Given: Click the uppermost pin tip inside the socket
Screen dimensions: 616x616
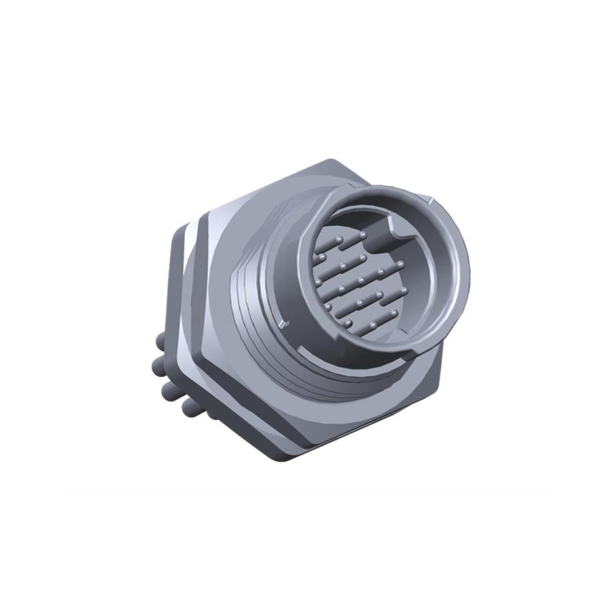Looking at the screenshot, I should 363,233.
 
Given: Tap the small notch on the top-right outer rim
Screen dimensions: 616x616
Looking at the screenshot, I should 432,201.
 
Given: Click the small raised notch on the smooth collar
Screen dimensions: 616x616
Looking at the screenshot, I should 284,322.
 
